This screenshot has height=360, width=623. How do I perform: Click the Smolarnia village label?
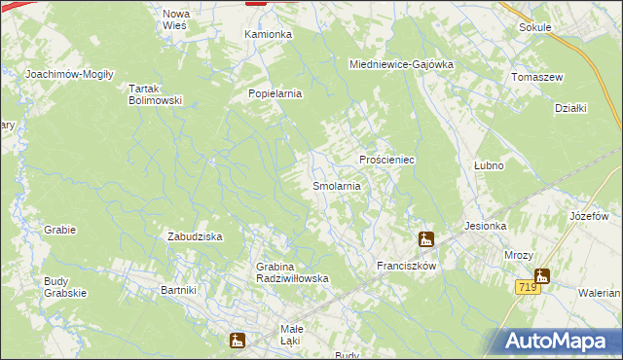[x=337, y=185]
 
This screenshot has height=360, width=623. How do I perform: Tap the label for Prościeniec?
[x=387, y=159]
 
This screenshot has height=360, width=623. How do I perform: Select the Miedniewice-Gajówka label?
[x=402, y=64]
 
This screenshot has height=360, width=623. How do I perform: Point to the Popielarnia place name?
[x=276, y=93]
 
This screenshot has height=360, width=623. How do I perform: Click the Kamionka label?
[x=268, y=34]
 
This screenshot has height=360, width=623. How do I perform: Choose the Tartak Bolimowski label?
[x=156, y=93]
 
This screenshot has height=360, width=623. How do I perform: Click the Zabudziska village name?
[x=197, y=236]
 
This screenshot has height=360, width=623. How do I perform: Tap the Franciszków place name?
[x=405, y=265]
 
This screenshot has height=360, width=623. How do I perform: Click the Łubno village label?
[x=488, y=165]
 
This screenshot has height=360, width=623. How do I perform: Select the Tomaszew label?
[x=538, y=77]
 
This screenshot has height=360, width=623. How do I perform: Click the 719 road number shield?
[x=527, y=287]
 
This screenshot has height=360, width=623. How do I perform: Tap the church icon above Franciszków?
[x=425, y=239]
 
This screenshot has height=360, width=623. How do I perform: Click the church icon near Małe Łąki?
[x=237, y=340]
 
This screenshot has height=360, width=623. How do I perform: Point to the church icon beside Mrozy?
[x=541, y=276]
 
